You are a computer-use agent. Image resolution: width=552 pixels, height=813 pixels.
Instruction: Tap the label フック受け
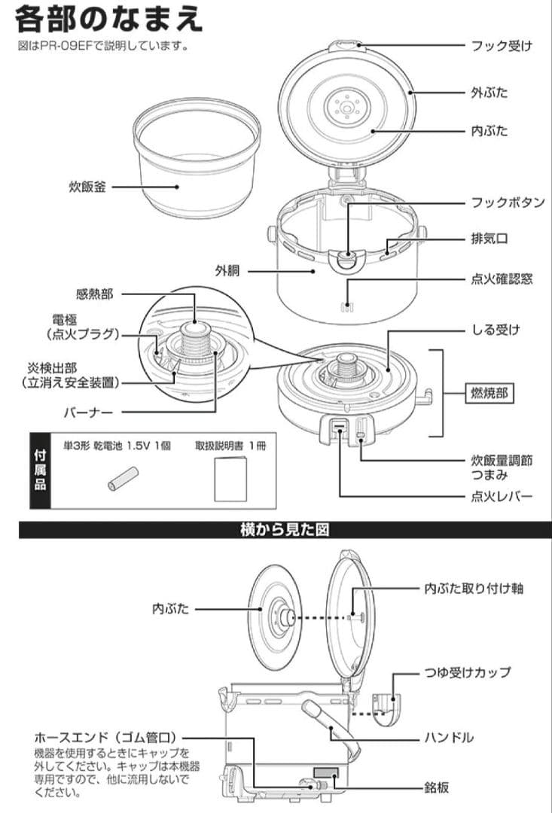502,46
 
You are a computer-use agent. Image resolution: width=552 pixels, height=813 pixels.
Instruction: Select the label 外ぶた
489,93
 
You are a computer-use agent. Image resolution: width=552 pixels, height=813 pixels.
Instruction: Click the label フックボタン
507,202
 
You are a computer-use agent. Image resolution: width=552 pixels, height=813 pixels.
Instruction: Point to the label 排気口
489,239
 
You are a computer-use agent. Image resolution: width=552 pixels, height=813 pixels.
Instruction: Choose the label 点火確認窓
502,279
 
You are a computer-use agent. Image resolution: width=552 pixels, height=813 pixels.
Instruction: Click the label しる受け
496,329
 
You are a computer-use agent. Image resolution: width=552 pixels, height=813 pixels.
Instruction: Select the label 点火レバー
502,497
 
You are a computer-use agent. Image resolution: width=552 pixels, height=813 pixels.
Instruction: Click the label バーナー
90,413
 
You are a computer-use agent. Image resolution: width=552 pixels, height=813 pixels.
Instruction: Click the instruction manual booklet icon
230,480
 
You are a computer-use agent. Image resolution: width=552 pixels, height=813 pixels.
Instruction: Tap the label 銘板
437,787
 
